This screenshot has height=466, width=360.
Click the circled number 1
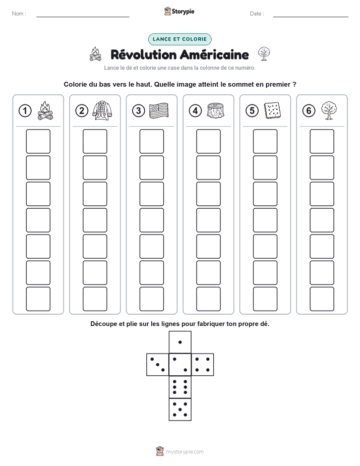[x=25, y=111]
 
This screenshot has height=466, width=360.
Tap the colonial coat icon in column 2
[x=102, y=110]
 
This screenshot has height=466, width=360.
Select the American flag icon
[x=159, y=110]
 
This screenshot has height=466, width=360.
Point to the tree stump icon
[x=216, y=110]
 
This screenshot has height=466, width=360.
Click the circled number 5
[x=252, y=111]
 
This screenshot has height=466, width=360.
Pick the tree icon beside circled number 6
[x=329, y=110]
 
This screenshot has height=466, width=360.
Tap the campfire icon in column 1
[x=45, y=110]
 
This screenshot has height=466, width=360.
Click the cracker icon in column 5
[x=272, y=110]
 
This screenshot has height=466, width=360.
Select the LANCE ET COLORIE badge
[x=179, y=39]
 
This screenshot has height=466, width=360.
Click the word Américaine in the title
[x=214, y=54]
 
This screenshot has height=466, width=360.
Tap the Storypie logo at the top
[x=179, y=12]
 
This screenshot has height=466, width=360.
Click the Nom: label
[x=19, y=14]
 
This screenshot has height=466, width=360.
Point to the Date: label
[x=257, y=14]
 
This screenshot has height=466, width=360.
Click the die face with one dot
[x=180, y=342]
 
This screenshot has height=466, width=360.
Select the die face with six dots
[x=180, y=387]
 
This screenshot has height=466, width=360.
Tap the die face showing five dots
[x=180, y=410]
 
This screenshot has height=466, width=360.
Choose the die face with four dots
[x=203, y=365]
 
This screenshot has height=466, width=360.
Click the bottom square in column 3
[x=151, y=299]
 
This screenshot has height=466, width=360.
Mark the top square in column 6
[x=322, y=141]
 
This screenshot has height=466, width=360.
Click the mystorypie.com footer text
[x=185, y=452]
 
